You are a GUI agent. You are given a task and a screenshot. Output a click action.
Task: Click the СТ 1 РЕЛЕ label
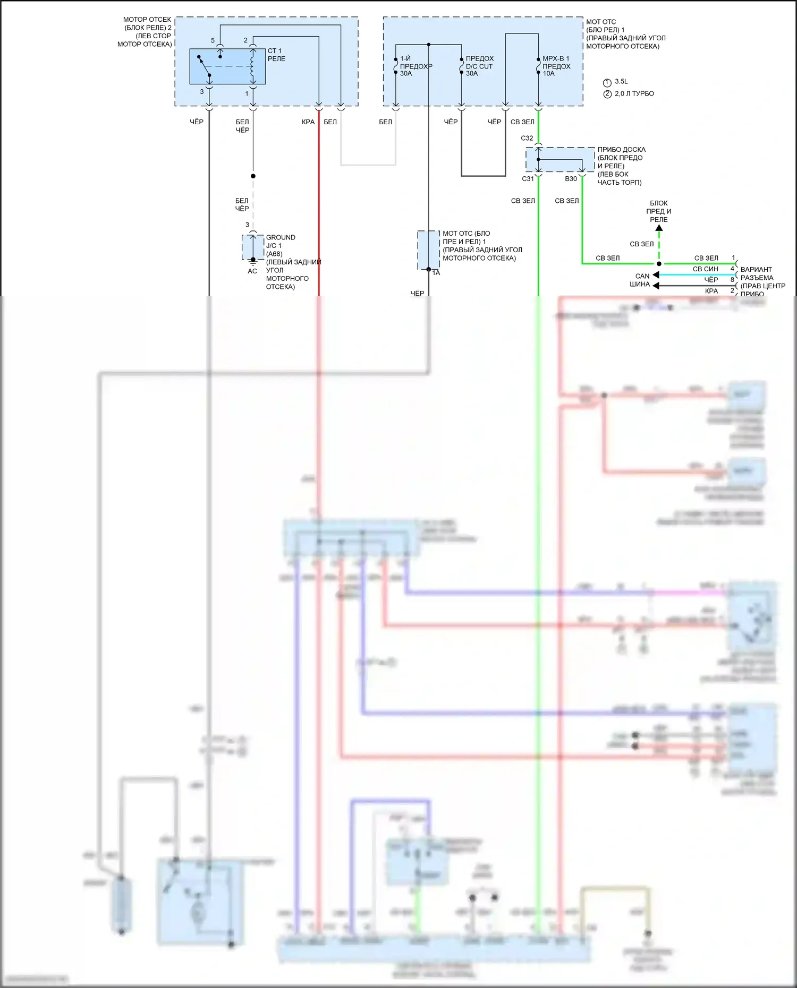pyautogui.click(x=276, y=55)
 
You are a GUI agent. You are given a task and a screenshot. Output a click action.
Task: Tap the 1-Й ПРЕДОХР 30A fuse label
pyautogui.click(x=416, y=66)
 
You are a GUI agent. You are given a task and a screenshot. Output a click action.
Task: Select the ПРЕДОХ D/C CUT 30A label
pyautogui.click(x=479, y=66)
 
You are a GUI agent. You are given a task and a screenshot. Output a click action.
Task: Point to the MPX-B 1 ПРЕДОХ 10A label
pyautogui.click(x=556, y=66)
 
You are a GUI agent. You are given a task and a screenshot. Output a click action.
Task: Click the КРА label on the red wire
pyautogui.click(x=308, y=122)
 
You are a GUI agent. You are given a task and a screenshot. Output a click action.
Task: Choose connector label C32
pyautogui.click(x=527, y=138)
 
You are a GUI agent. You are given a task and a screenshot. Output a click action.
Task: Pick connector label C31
pyautogui.click(x=528, y=179)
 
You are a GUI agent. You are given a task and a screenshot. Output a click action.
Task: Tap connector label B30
pyautogui.click(x=571, y=179)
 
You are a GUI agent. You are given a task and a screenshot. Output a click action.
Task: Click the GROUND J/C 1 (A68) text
pyautogui.click(x=280, y=245)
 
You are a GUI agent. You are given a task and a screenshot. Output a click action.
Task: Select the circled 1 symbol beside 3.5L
pyautogui.click(x=607, y=82)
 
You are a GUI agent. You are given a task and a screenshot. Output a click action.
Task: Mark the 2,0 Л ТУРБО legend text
pyautogui.click(x=634, y=93)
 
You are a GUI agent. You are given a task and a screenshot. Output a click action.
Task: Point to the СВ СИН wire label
pyautogui.click(x=705, y=269)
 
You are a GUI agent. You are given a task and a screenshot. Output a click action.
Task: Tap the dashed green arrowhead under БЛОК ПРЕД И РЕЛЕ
pyautogui.click(x=659, y=228)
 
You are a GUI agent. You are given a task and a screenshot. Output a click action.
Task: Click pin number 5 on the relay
pyautogui.click(x=213, y=40)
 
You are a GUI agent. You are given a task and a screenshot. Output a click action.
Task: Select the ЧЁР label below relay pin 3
pyautogui.click(x=197, y=122)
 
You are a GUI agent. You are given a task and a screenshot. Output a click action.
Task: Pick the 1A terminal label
pyautogui.click(x=436, y=273)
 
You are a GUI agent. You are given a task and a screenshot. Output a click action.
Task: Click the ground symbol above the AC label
pyautogui.click(x=253, y=262)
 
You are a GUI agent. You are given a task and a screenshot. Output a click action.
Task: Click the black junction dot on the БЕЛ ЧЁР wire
pyautogui.click(x=253, y=176)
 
